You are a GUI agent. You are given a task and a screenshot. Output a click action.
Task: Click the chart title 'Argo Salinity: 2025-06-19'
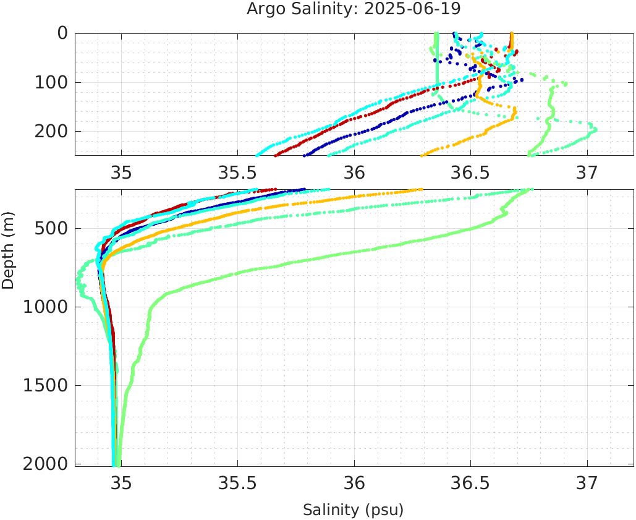tap(354, 9)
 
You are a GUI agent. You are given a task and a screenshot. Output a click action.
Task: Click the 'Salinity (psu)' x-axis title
tap(353, 509)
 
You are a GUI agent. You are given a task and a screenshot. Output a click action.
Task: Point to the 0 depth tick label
tap(62, 33)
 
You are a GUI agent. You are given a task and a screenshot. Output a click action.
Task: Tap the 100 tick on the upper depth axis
tap(51, 82)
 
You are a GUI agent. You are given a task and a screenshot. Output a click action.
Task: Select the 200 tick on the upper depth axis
tap(51, 131)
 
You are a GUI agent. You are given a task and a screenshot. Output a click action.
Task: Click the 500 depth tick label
tap(51, 229)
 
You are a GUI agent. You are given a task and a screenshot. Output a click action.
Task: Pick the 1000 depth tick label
tap(45, 307)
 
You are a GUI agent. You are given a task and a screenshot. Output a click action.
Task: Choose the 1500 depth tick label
tap(45, 386)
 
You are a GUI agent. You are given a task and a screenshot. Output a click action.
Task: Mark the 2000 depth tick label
tap(45, 464)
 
